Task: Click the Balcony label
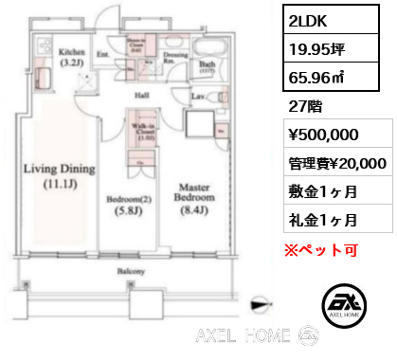click(131, 271)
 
